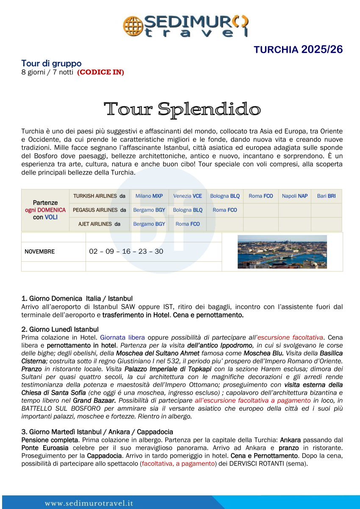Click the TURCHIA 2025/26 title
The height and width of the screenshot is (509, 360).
[298, 50]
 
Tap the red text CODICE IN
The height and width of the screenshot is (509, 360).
[100, 72]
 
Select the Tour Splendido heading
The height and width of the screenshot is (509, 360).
[182, 109]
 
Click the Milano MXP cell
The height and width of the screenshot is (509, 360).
[149, 196]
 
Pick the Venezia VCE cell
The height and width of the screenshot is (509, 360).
[188, 196]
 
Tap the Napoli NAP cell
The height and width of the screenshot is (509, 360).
[295, 196]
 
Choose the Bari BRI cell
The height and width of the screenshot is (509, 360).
[326, 196]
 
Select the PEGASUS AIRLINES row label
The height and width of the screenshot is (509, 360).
[100, 210]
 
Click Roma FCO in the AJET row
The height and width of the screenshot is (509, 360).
[188, 224]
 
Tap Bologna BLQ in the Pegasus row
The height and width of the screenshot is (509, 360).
[188, 210]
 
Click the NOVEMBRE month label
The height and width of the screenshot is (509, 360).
[40, 252]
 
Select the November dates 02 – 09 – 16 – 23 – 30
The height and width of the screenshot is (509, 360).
[126, 252]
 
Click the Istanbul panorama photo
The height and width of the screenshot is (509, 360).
[282, 252]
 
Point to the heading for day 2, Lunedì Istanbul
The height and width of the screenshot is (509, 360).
[60, 329]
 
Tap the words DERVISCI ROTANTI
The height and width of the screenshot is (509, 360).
[257, 463]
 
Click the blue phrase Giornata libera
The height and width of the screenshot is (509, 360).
[122, 337]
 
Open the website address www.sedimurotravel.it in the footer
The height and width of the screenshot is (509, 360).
[89, 503]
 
